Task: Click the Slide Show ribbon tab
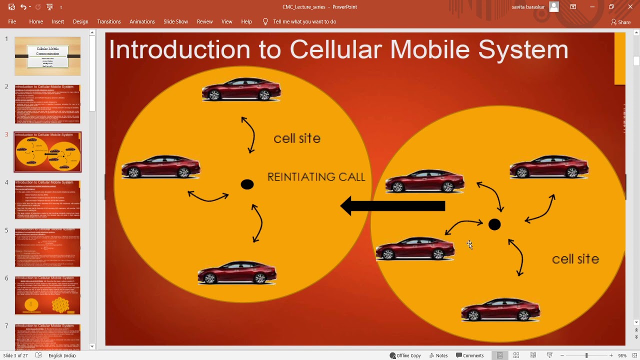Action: [x=175, y=21]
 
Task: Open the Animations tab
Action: [x=142, y=21]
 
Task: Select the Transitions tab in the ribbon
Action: [x=109, y=21]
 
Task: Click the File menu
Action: [x=12, y=21]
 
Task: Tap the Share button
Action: [x=621, y=22]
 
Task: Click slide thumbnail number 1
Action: [x=47, y=56]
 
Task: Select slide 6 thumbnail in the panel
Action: [x=47, y=295]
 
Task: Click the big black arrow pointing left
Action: [x=393, y=206]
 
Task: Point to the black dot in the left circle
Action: [x=247, y=184]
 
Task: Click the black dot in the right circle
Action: [x=494, y=225]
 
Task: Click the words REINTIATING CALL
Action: [x=316, y=177]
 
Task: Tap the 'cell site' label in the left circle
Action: [x=297, y=138]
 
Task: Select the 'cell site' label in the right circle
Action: [x=575, y=259]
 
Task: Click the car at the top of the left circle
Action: [x=241, y=89]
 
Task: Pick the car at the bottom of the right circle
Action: [x=500, y=309]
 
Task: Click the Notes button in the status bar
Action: [x=438, y=355]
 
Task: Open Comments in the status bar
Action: [x=469, y=355]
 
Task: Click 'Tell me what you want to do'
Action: [x=304, y=21]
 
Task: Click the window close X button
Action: [x=630, y=7]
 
